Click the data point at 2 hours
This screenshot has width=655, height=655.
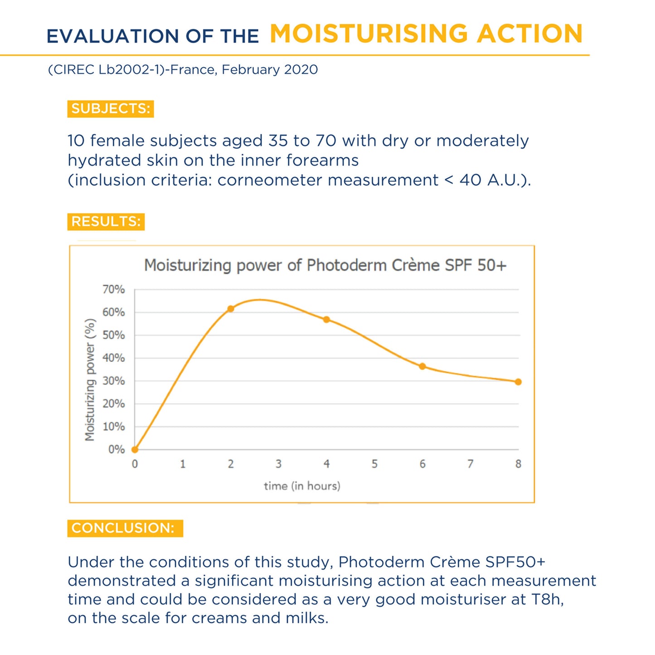pos(230,309)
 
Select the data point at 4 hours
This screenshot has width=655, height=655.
pos(326,320)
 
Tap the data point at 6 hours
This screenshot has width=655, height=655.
pos(422,366)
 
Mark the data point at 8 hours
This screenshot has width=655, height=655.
pos(518,382)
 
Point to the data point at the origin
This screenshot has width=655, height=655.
pos(135,450)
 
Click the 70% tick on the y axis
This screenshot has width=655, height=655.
pos(113,290)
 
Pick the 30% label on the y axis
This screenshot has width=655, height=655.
pos(113,381)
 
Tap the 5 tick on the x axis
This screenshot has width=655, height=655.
pos(374,464)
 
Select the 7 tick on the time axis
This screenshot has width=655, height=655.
pos(470,464)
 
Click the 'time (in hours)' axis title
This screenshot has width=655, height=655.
pos(302,486)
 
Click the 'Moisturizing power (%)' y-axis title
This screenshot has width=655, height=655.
pos(90,380)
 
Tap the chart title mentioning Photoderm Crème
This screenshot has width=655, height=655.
pos(325,265)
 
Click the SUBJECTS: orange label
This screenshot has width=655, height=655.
pos(111,109)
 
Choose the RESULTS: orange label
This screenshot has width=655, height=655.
pos(106,222)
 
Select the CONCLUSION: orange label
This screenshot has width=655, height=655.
pos(125,528)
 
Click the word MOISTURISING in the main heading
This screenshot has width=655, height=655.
pos(369,34)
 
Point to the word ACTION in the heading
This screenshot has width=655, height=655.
pos(530,34)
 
